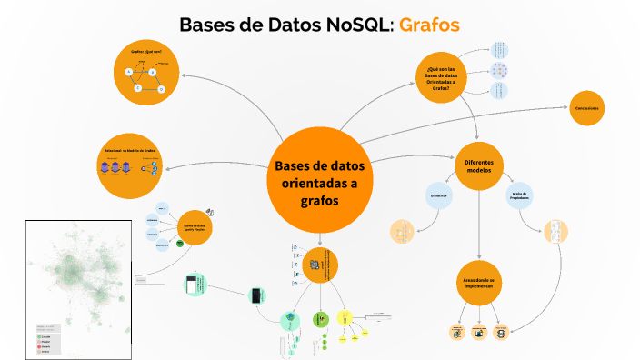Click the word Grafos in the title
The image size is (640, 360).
pyautogui.click(x=429, y=25)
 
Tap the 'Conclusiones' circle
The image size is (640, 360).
pyautogui.click(x=591, y=109)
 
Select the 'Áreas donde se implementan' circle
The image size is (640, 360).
pyautogui.click(x=478, y=283)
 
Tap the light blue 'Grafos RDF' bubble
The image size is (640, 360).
pyautogui.click(x=435, y=195)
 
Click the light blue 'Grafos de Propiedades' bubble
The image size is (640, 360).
pyautogui.click(x=520, y=195)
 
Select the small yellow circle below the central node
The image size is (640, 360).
pyautogui.click(x=345, y=318)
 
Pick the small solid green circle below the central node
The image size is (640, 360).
pyautogui.click(x=319, y=319)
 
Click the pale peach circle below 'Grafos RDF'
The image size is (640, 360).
pyautogui.click(x=401, y=233)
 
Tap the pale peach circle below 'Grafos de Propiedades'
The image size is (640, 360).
pyautogui.click(x=555, y=232)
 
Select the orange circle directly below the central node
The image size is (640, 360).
pyautogui.click(x=320, y=265)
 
